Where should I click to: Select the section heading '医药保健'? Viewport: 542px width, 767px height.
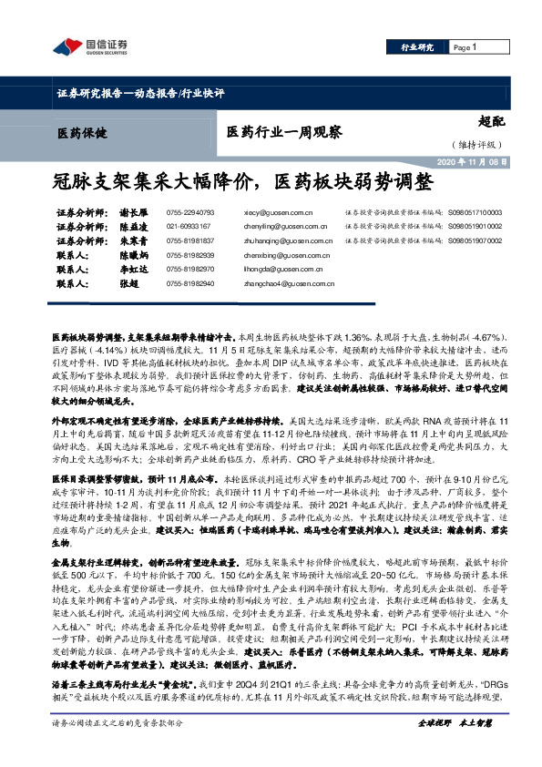pos(80,133)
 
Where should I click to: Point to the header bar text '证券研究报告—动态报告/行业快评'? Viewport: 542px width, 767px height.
pos(140,93)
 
